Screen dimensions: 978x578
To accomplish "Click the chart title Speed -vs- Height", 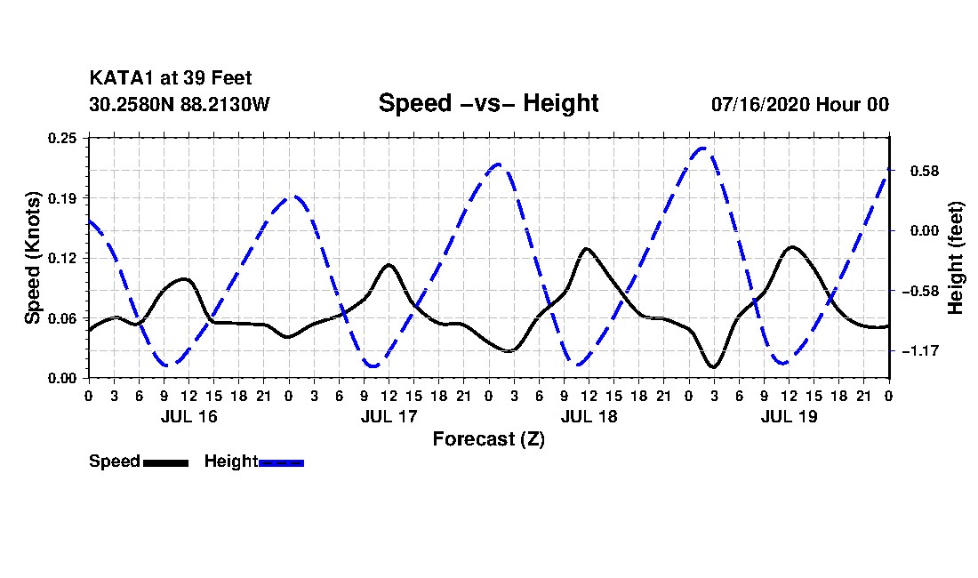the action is click(x=488, y=103).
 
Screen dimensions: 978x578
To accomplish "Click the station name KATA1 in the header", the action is click(x=122, y=78).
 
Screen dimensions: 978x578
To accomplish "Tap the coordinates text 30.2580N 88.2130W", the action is click(x=180, y=104).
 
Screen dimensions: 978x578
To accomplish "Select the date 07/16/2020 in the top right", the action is click(x=759, y=104).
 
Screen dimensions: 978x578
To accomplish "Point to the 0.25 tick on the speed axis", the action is click(x=62, y=138).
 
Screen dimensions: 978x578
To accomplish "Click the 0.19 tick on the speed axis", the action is click(x=62, y=198).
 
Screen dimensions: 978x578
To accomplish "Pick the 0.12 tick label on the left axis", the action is click(x=62, y=258).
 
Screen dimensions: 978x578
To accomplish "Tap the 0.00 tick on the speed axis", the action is click(x=62, y=379).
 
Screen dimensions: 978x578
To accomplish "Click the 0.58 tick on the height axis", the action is click(x=925, y=171).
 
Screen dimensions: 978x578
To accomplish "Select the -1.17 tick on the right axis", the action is click(x=920, y=351).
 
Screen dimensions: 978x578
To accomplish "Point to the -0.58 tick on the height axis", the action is click(x=920, y=291).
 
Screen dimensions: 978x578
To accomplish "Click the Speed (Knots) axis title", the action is click(x=32, y=258).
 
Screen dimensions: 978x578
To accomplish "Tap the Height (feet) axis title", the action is click(x=955, y=258).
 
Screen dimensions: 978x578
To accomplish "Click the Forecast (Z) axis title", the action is click(x=489, y=439).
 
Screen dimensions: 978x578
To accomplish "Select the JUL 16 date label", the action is click(x=189, y=416).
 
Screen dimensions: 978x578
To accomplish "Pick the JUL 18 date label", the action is click(x=589, y=416).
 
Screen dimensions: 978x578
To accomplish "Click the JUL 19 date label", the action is click(x=789, y=416).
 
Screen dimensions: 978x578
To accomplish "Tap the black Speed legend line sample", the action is click(x=166, y=462).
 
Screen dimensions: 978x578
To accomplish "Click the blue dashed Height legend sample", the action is click(x=281, y=462).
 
